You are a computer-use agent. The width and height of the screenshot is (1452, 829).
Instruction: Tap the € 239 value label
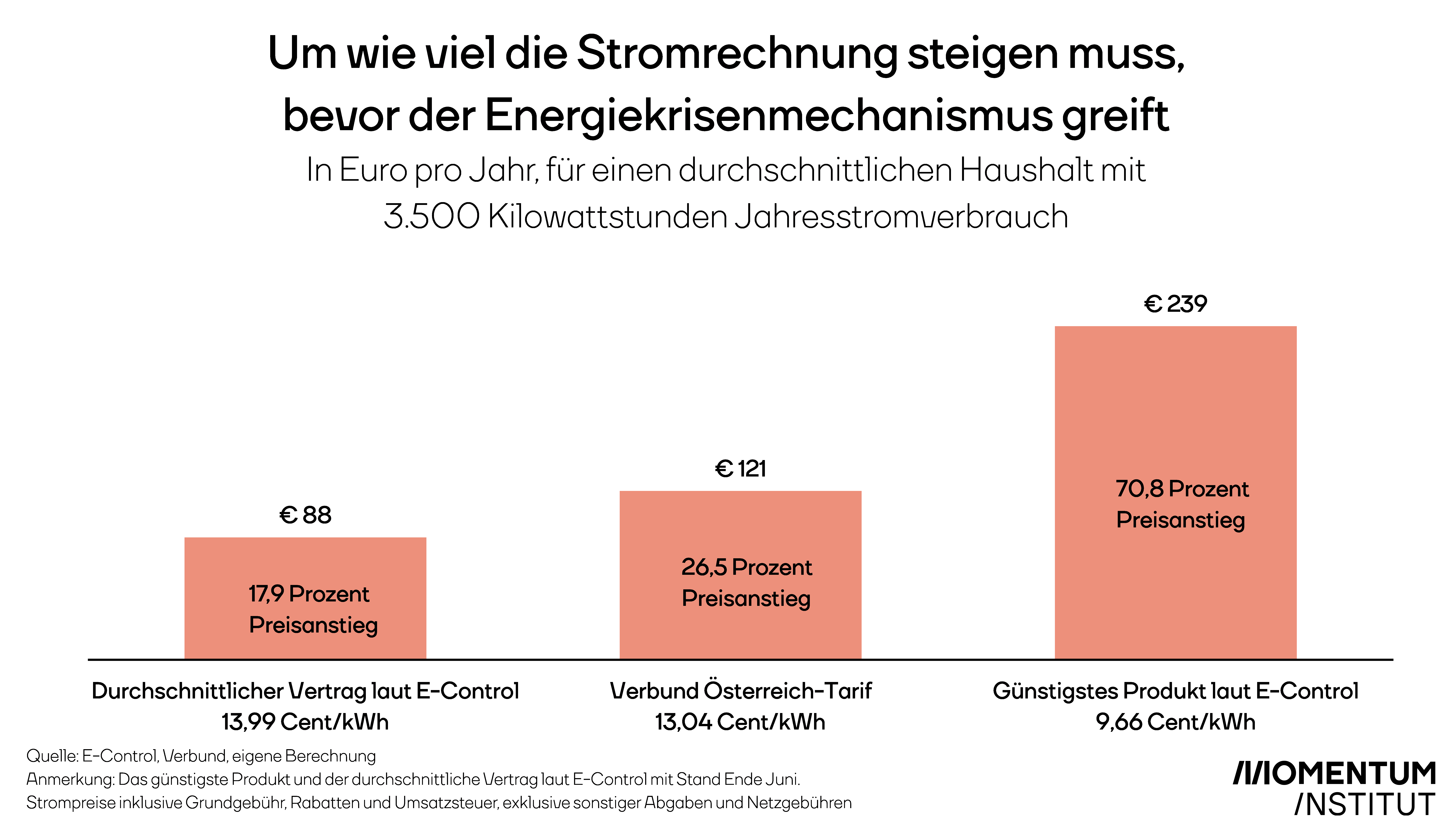(1175, 304)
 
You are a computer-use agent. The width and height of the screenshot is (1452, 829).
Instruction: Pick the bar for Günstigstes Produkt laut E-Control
(1176, 492)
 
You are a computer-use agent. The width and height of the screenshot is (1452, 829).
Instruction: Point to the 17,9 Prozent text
(309, 594)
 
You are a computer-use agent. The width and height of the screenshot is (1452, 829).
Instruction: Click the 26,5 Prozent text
(746, 567)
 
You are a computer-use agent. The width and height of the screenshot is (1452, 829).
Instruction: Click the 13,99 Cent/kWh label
(305, 722)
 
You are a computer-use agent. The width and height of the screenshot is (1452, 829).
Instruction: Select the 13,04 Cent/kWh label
(740, 722)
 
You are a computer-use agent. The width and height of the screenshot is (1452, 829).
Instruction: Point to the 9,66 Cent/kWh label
(1175, 722)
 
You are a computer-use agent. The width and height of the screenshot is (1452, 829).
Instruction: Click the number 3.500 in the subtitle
(431, 217)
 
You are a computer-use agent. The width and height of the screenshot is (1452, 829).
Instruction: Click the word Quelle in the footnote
(51, 756)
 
